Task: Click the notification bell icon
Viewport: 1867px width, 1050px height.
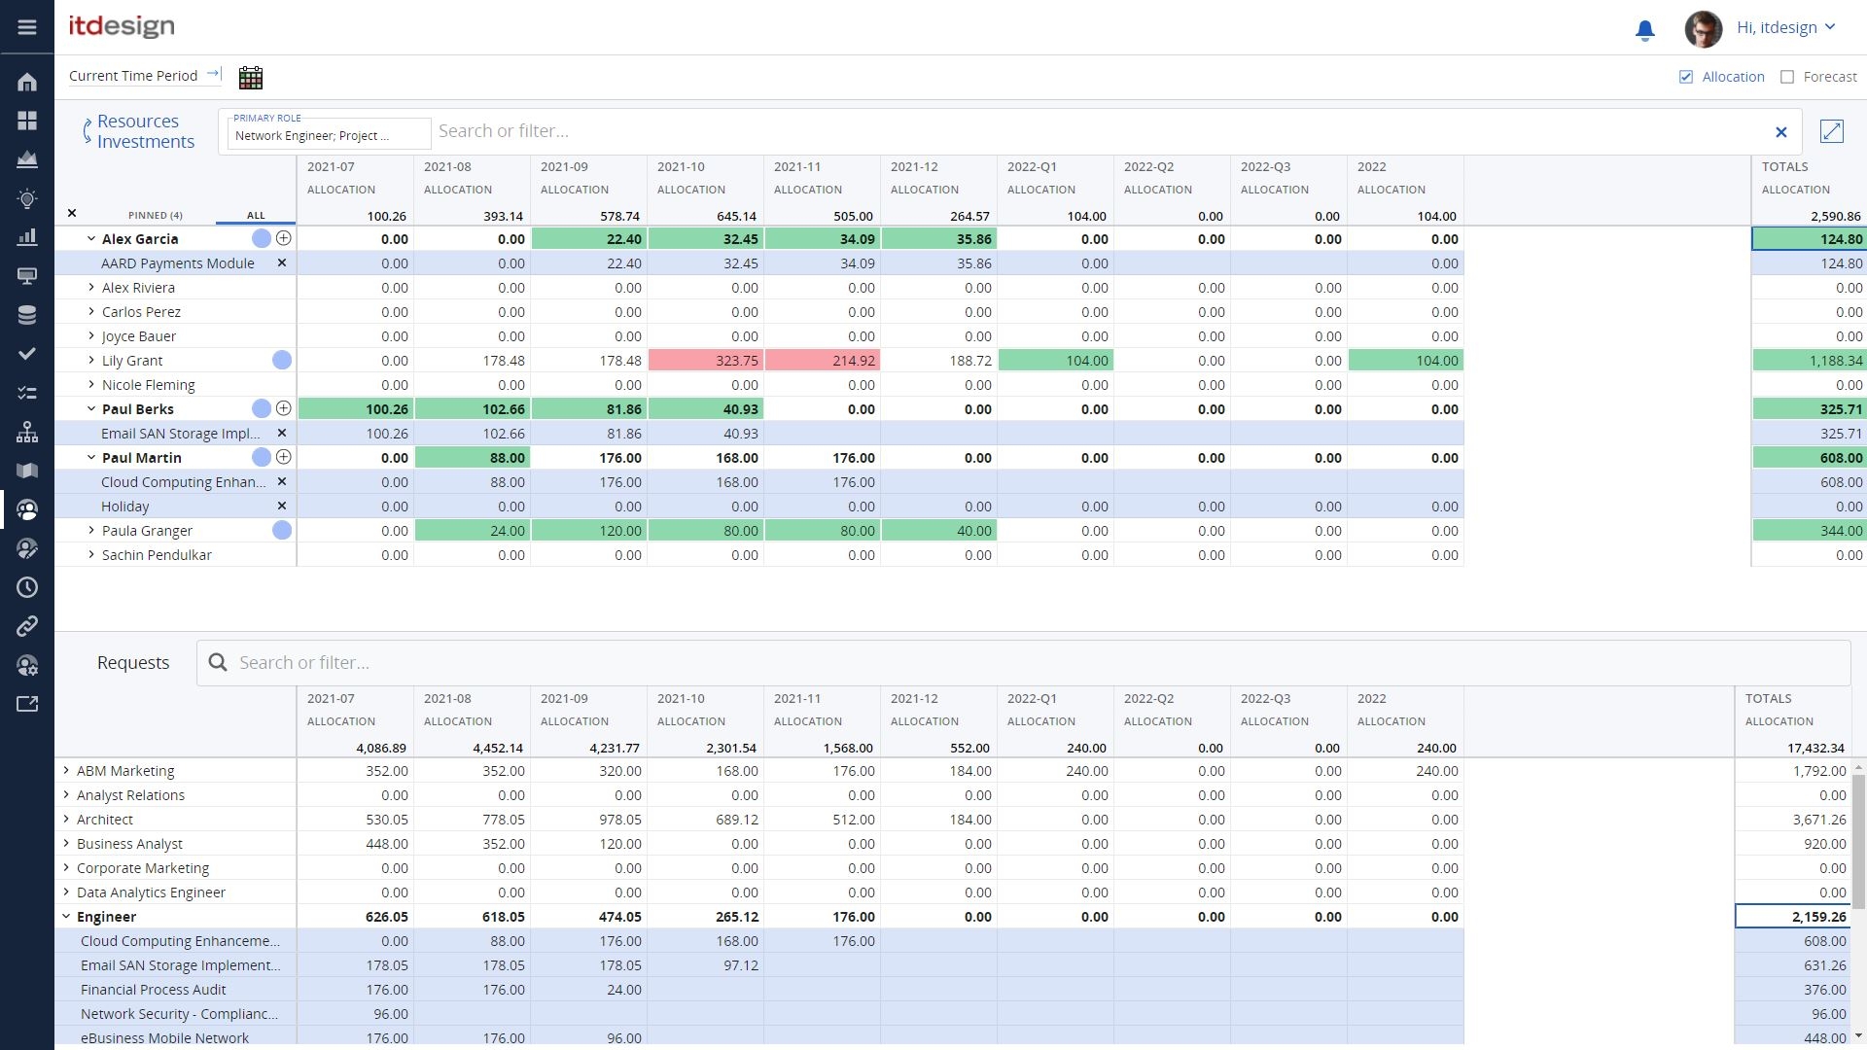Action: coord(1644,30)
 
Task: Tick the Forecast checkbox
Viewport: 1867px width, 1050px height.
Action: coord(1787,77)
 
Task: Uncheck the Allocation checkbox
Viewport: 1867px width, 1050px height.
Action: coord(1686,77)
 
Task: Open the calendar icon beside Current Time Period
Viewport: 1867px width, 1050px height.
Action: coord(251,78)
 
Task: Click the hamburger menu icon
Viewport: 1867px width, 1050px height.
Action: coord(27,27)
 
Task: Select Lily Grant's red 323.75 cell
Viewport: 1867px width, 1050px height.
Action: coord(706,361)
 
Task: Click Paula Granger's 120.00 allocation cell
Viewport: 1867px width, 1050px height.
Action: coord(589,531)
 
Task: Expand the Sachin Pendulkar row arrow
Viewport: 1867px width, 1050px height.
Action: coord(91,555)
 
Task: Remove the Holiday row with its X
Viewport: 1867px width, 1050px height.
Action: coord(282,507)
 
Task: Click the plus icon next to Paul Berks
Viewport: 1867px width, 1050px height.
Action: coord(284,409)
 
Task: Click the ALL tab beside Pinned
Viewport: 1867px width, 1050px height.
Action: coord(256,216)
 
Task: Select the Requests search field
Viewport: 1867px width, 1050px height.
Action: coord(1021,663)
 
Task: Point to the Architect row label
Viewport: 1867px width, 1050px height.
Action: coord(105,820)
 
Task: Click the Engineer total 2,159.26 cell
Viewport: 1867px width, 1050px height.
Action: coord(1792,917)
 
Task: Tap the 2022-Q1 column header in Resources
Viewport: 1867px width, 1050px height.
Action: coord(1032,167)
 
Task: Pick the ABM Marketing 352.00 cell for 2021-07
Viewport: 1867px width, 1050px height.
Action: coord(356,771)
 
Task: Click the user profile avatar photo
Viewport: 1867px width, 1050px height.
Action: coord(1703,28)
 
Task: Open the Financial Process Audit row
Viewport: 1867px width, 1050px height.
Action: coord(154,990)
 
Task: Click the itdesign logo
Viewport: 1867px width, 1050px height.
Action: coord(122,26)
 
